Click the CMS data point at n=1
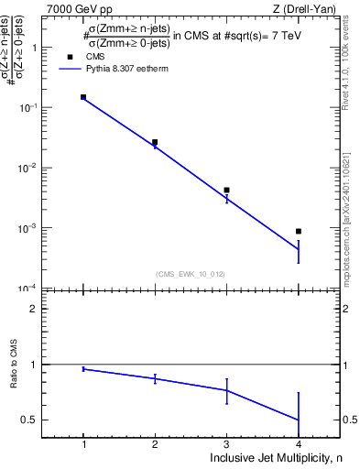point(83,96)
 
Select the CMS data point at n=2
point(155,142)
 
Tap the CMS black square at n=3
point(226,190)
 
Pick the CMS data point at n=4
point(299,231)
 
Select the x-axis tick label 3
point(226,443)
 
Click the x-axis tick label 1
point(83,443)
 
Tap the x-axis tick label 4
point(299,443)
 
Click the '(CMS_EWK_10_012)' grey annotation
point(191,273)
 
